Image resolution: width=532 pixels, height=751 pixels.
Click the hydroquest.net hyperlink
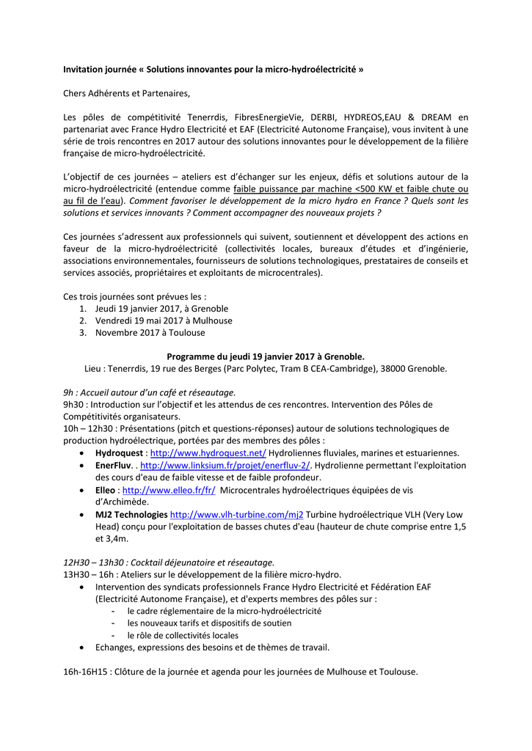(208, 453)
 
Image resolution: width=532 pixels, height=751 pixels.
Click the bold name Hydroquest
(120, 453)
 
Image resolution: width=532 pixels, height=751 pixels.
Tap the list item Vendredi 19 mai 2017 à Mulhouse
(164, 320)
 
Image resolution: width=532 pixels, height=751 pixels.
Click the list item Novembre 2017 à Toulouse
(150, 332)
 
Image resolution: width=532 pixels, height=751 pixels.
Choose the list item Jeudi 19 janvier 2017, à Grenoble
(161, 309)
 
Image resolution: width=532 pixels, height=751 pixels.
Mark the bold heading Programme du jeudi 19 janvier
(266, 356)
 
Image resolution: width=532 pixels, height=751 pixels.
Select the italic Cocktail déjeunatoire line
(169, 562)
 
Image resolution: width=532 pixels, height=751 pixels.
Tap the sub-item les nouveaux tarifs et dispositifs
(209, 623)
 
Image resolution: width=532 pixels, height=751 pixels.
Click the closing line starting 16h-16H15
(241, 671)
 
